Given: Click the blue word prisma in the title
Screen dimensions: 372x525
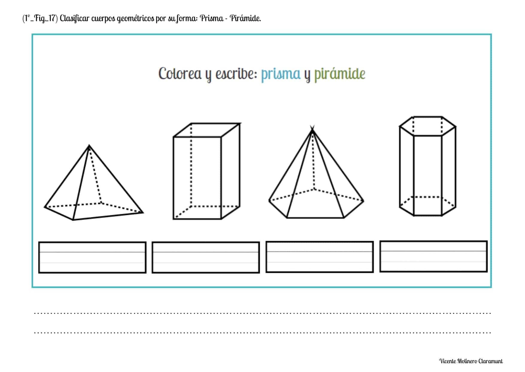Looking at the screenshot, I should click(x=280, y=74).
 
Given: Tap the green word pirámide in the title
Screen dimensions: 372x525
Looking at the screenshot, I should click(x=339, y=74).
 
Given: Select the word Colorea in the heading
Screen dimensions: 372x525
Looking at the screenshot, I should click(x=180, y=74).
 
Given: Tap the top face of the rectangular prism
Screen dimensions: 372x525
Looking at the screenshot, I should click(x=207, y=130).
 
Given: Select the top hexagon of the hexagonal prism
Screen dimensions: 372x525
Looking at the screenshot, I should click(x=428, y=126).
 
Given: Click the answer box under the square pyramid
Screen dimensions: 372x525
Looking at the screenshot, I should click(x=92, y=257).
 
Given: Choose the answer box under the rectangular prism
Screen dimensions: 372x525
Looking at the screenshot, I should click(x=206, y=257).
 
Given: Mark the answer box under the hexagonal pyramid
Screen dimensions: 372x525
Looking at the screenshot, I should click(x=319, y=257).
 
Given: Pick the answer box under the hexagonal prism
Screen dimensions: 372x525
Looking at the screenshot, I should click(x=433, y=256).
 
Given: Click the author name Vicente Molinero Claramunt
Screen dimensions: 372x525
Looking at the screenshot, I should click(x=471, y=361).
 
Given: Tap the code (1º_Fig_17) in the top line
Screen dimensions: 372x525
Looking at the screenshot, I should click(x=40, y=19).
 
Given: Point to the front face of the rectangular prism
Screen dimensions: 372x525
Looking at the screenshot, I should click(x=197, y=178).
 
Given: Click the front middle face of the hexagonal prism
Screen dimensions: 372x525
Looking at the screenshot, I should click(x=428, y=175).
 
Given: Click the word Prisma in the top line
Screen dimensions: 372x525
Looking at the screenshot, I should click(x=212, y=19).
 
